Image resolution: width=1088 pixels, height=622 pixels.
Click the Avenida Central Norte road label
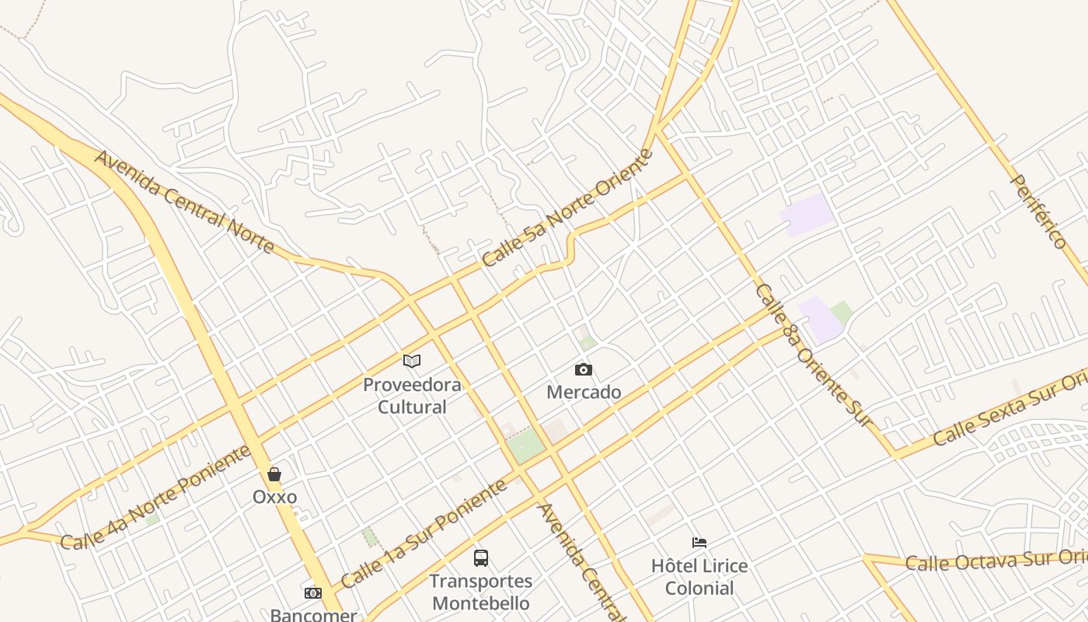click(x=184, y=202)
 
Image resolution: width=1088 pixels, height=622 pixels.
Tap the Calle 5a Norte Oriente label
click(x=567, y=208)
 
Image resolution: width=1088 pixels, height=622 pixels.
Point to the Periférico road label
click(x=1038, y=211)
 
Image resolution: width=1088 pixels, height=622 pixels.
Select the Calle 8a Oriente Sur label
click(x=815, y=355)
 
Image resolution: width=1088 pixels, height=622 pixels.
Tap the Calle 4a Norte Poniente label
click(x=155, y=498)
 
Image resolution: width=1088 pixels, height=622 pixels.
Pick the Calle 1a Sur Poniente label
click(x=424, y=533)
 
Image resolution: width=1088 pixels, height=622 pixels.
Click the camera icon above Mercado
click(x=583, y=369)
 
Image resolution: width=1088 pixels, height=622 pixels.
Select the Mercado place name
click(x=584, y=392)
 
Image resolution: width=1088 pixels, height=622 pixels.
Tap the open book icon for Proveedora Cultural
click(x=412, y=361)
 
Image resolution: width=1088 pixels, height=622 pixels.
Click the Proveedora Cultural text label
click(x=412, y=396)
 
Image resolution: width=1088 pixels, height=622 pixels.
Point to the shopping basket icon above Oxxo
click(x=274, y=474)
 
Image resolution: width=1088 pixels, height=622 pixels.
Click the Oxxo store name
click(x=274, y=497)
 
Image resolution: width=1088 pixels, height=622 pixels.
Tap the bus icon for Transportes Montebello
click(x=481, y=557)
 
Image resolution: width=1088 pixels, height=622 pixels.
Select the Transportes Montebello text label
click(x=481, y=592)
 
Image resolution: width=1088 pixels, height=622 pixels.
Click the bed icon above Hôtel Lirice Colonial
click(x=699, y=543)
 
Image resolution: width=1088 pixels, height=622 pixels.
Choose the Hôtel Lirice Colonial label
click(x=699, y=577)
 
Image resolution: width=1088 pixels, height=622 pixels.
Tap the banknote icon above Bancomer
click(x=313, y=593)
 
